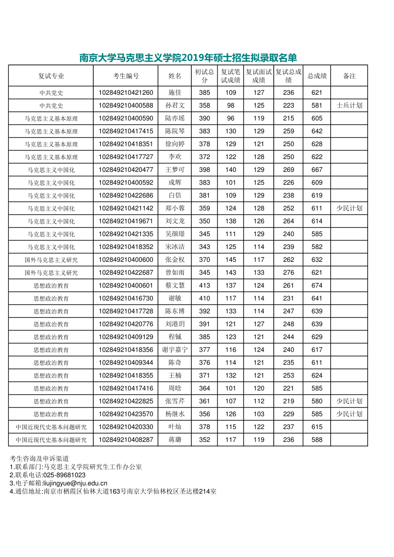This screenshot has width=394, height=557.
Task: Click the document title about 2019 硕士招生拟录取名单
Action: click(x=188, y=58)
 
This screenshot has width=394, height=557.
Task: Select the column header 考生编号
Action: click(x=126, y=76)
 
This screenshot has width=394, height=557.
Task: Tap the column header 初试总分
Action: click(x=205, y=76)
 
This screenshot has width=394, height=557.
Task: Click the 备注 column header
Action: click(x=349, y=76)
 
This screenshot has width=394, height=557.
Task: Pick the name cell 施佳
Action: click(x=175, y=93)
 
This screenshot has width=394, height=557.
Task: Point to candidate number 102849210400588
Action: click(x=126, y=106)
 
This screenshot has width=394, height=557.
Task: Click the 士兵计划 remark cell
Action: click(x=349, y=106)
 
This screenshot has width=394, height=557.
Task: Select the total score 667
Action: click(x=317, y=170)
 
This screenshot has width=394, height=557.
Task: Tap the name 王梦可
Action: click(x=175, y=170)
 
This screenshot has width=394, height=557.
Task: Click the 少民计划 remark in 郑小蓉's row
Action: click(x=349, y=209)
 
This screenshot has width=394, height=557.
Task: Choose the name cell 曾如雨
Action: click(x=175, y=273)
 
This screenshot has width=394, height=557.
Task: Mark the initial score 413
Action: click(x=205, y=286)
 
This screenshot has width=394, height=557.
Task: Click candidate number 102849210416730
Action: click(x=126, y=298)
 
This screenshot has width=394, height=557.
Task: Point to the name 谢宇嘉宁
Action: click(x=175, y=350)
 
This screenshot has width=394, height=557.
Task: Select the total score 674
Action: click(x=317, y=286)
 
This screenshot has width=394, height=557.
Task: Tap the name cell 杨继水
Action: click(x=175, y=414)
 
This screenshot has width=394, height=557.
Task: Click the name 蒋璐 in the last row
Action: click(x=175, y=440)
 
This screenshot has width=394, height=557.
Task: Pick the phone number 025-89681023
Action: click(x=64, y=475)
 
